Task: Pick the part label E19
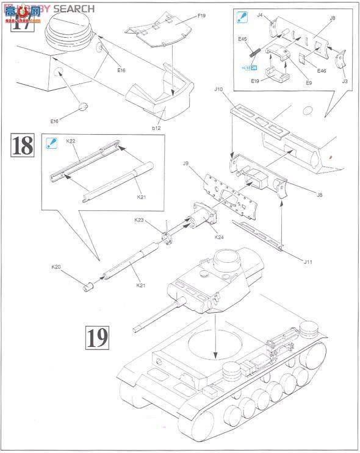pos(255,79)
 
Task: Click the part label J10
pos(219,90)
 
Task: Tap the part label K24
pos(219,237)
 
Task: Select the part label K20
pos(56,266)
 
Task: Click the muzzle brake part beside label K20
pos(88,285)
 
